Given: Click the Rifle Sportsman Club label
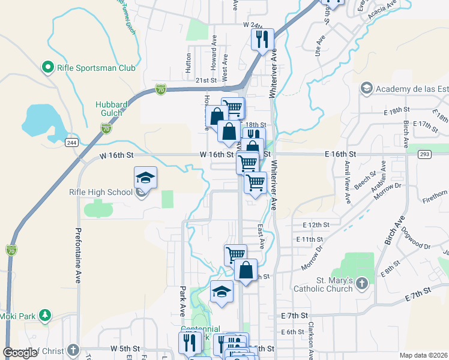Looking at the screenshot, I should tap(96, 68).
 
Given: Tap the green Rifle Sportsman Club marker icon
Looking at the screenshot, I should tap(47, 67).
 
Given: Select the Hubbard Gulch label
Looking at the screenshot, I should tap(112, 109).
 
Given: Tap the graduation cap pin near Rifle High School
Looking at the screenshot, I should tap(145, 178).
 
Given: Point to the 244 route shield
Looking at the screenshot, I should tap(71, 142).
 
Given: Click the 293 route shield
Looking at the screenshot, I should tap(425, 154).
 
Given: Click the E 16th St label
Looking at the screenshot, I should tap(340, 154).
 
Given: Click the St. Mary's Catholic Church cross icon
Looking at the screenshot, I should tap(361, 283).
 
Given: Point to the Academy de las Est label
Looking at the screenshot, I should tap(412, 89).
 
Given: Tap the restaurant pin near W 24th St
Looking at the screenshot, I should tap(262, 40).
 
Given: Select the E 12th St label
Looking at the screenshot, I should tap(317, 224).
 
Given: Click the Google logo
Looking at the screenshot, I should tap(20, 353).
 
